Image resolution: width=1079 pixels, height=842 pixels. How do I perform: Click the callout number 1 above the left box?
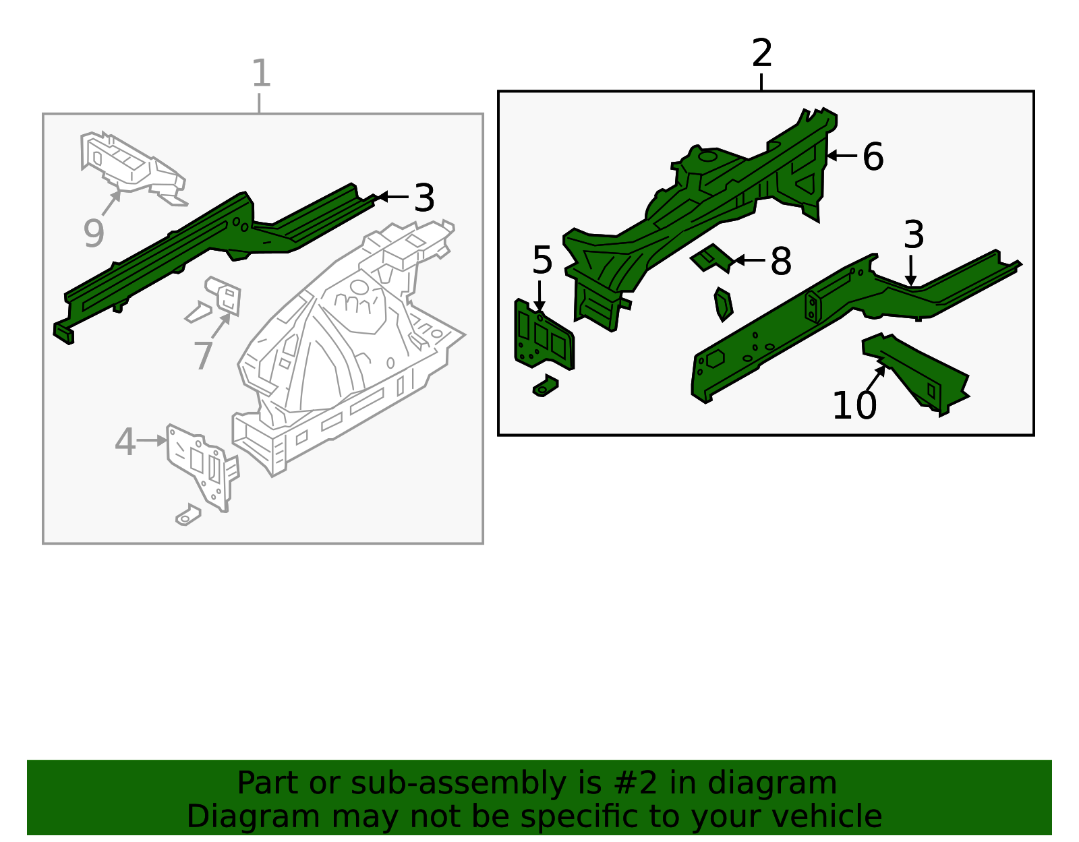(261, 73)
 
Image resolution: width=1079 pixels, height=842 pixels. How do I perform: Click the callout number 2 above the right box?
(761, 53)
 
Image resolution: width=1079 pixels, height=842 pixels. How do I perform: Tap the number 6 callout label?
(873, 156)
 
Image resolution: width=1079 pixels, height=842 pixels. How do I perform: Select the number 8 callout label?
(780, 261)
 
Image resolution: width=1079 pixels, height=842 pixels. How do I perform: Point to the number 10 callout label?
(854, 405)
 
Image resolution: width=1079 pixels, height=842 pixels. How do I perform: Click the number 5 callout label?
(542, 260)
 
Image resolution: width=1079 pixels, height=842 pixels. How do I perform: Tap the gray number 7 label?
(203, 355)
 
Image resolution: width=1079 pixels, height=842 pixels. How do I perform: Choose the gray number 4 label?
(125, 442)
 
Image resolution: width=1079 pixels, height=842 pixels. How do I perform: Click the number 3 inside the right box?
(914, 234)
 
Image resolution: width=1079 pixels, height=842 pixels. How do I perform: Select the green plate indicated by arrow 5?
(544, 336)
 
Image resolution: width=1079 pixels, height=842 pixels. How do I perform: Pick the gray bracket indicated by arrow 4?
(202, 467)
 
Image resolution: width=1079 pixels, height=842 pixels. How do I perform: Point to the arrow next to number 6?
(842, 156)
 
